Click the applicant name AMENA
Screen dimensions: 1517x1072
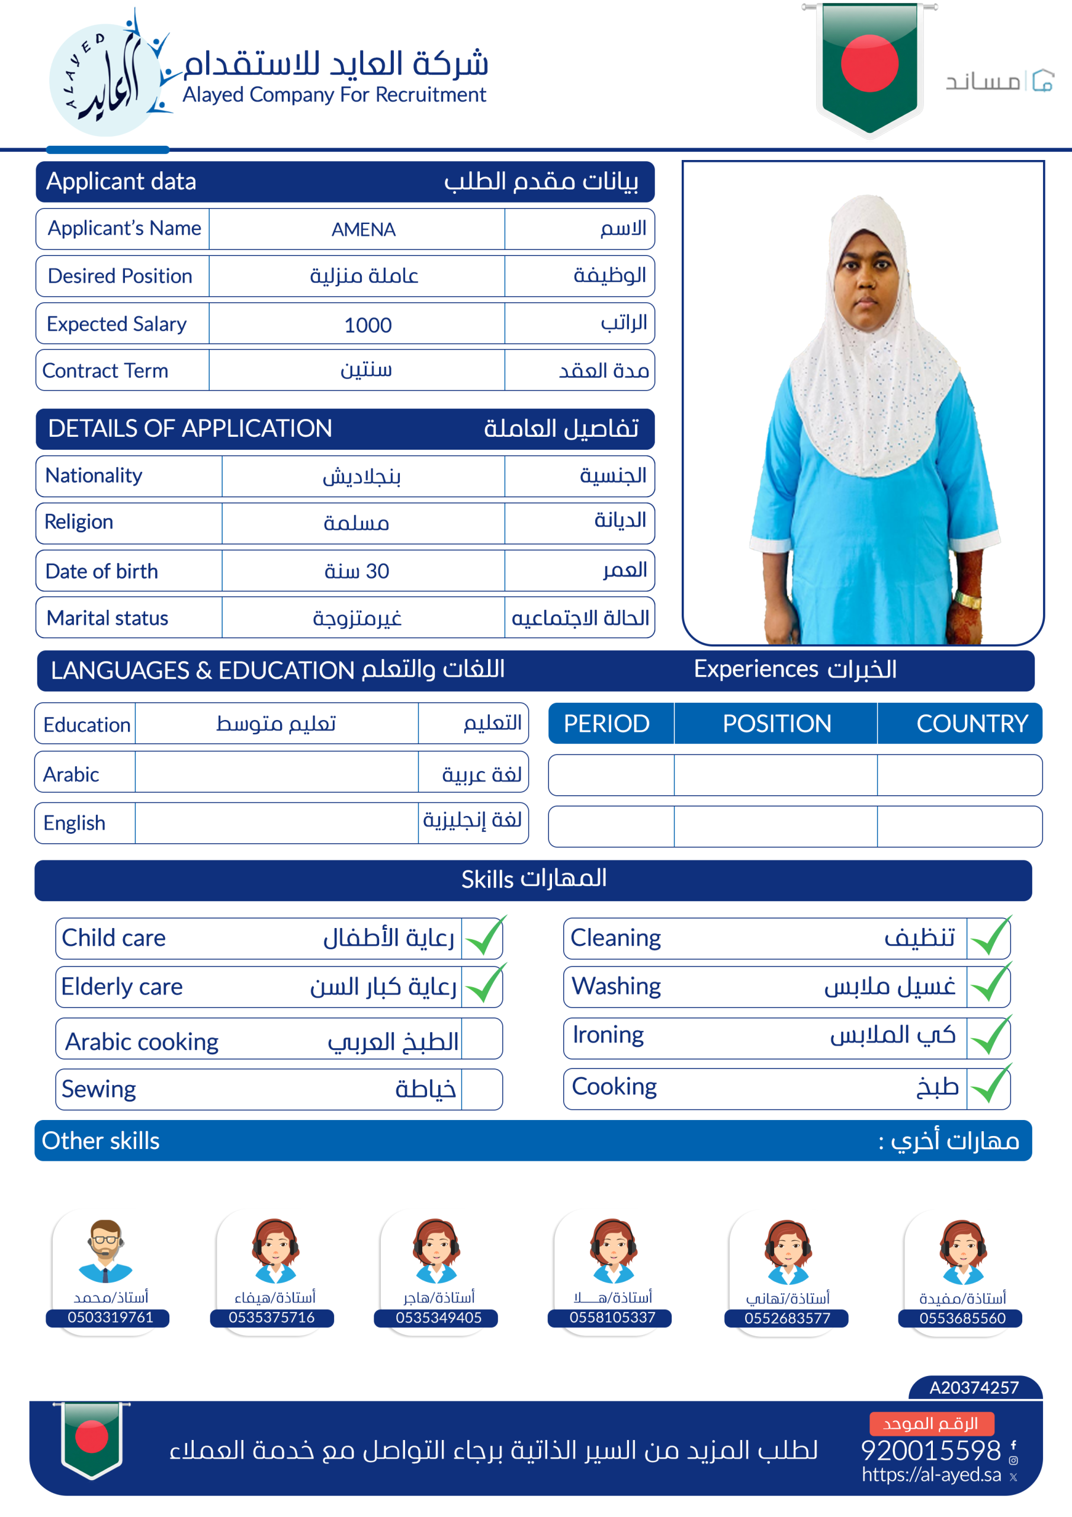tap(363, 229)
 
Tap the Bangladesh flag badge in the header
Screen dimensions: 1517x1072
tap(869, 66)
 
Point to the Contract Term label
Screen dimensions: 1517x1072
tap(105, 371)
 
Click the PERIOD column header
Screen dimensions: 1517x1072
tap(606, 724)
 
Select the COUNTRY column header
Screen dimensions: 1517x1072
tap(971, 724)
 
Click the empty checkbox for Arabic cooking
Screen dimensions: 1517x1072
tap(482, 1039)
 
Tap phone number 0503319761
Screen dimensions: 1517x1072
tap(110, 1317)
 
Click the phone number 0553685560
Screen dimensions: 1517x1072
tap(962, 1318)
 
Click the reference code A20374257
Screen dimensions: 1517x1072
tap(974, 1387)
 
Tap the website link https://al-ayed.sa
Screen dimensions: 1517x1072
tap(931, 1475)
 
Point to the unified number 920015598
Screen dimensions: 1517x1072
tap(930, 1450)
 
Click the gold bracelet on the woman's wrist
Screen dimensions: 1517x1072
tap(968, 600)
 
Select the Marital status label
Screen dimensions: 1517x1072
tap(108, 618)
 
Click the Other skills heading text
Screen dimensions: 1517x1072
tap(101, 1141)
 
